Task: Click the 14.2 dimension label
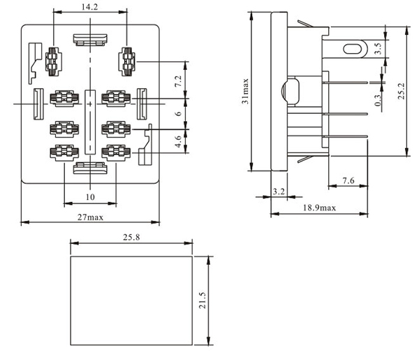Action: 89,7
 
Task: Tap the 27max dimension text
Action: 90,217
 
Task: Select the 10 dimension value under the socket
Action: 89,197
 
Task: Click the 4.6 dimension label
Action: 178,141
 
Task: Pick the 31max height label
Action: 245,91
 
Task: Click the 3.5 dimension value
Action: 377,49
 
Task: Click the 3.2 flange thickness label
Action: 278,190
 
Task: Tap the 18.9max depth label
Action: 318,208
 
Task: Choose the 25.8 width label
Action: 131,238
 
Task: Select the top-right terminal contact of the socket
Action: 126,62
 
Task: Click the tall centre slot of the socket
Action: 89,122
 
